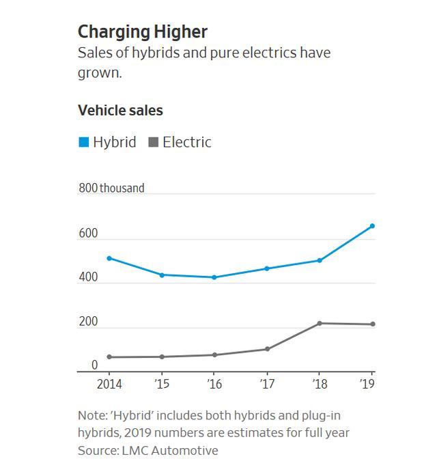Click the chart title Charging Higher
tap(142, 31)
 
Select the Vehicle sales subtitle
tap(120, 110)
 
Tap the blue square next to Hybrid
tap(83, 142)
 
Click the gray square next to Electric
tap(154, 142)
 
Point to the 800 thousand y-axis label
tap(111, 188)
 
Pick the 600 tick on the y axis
tap(88, 234)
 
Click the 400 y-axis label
tap(88, 277)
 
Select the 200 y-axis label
tap(88, 322)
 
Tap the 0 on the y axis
tap(95, 365)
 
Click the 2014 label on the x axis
tap(109, 384)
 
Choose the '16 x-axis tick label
tap(214, 384)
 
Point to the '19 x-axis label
tap(369, 384)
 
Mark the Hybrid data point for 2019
tap(372, 226)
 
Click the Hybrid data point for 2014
tap(109, 258)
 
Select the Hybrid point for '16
tap(214, 277)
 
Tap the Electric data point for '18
tap(320, 323)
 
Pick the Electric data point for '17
tap(267, 349)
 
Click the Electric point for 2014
tap(109, 357)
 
